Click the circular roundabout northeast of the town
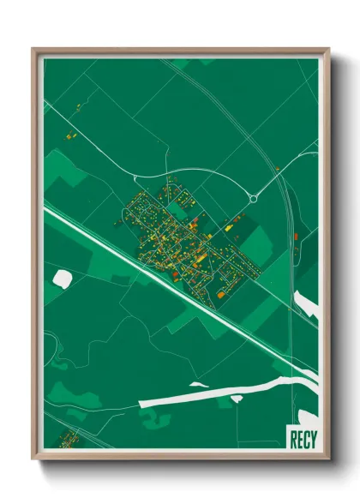[254, 199]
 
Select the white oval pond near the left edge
[63, 278]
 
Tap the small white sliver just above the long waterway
[199, 384]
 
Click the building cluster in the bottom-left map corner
[67, 439]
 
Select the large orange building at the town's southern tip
[220, 295]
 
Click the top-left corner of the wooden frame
[34, 50]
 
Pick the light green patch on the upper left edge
[64, 167]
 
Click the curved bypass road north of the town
[214, 172]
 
